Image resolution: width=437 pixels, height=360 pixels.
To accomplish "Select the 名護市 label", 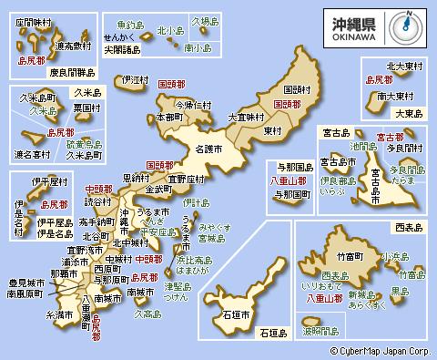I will tap(210, 147).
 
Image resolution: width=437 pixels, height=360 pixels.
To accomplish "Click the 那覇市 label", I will tap(64, 273).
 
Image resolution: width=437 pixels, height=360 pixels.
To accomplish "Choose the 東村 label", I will tap(272, 131).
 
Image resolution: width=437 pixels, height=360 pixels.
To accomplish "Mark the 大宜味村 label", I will tap(245, 118).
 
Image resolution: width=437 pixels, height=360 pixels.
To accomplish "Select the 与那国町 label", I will tap(290, 194).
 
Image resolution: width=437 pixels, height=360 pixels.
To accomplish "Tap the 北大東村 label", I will tap(405, 66).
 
